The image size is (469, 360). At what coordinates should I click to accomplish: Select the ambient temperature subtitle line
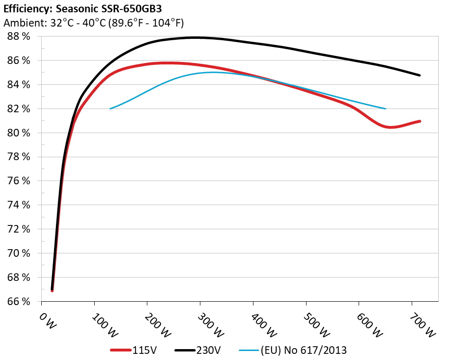93,23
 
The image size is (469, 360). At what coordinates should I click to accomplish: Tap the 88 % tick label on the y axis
19,36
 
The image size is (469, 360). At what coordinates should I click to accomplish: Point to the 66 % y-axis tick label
19,301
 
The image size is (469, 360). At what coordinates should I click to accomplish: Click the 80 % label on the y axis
19,133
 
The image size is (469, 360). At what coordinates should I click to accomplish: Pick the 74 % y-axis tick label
19,205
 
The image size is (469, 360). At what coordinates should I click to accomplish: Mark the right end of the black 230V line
420,75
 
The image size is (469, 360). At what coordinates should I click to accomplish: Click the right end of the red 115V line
420,121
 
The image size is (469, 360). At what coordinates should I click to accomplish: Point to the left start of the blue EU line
110,108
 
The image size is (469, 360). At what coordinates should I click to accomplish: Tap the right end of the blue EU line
386,108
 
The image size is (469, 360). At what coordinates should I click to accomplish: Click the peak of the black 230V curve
194,37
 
